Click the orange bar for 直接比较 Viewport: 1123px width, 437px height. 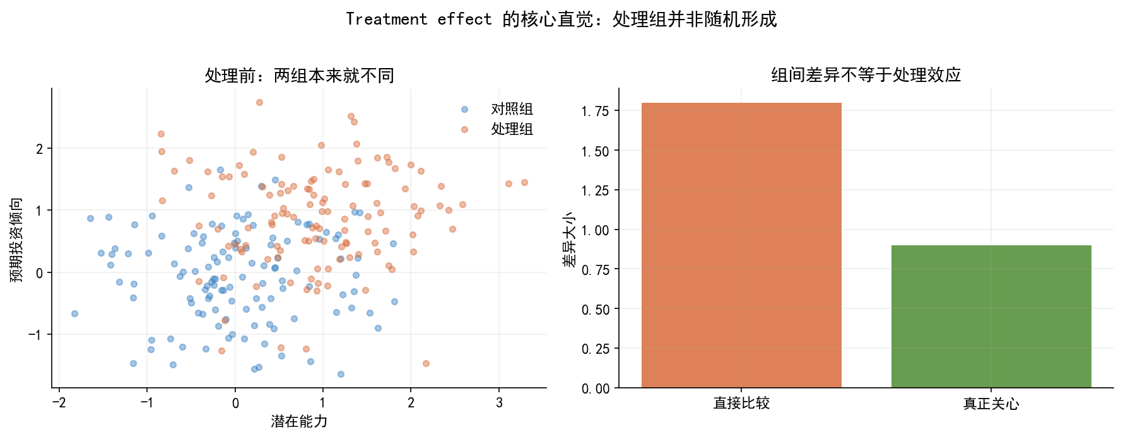click(741, 246)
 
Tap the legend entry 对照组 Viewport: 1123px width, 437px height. click(512, 109)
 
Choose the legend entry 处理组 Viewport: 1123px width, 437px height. click(512, 129)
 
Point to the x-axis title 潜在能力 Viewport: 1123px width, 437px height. click(299, 421)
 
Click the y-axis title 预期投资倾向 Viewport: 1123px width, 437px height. click(16, 240)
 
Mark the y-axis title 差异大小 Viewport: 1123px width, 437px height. click(569, 240)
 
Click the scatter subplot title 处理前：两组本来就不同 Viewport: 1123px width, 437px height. click(299, 76)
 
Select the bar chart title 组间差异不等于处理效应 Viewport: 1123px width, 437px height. click(866, 75)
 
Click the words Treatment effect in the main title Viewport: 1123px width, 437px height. click(418, 20)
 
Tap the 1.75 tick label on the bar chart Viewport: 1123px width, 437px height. click(595, 112)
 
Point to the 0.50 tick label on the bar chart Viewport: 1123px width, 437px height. click(595, 310)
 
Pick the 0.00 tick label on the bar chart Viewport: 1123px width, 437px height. click(595, 389)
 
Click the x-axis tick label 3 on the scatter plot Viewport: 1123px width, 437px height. click(499, 403)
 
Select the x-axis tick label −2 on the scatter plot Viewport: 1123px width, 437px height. click(59, 403)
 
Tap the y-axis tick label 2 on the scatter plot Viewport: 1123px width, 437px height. click(40, 149)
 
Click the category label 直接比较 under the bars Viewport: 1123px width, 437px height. click(741, 404)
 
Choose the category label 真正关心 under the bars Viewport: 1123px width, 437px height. click(991, 404)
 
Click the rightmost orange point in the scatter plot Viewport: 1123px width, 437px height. click(524, 182)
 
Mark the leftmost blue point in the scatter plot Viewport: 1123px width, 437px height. click(74, 313)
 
